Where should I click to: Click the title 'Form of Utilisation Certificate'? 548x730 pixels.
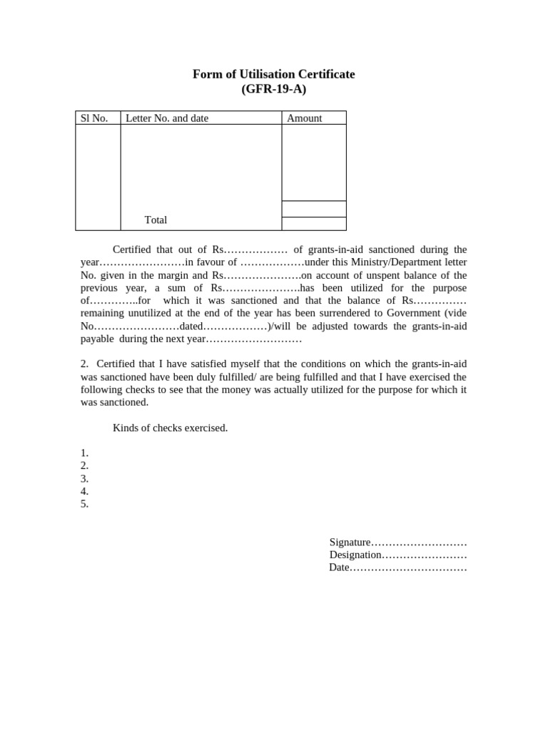point(273,74)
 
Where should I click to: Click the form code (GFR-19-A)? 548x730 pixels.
point(273,89)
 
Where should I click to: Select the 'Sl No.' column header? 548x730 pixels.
point(94,118)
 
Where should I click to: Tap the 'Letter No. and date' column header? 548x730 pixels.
point(167,118)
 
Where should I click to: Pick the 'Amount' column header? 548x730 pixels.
point(304,118)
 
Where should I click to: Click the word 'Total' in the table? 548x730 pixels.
point(156,220)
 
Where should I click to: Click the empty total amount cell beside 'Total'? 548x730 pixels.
point(314,224)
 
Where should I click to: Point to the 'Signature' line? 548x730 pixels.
point(397,543)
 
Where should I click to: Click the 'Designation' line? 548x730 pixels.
point(397,555)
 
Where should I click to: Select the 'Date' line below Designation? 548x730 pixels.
point(397,568)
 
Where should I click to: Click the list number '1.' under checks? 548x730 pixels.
point(84,453)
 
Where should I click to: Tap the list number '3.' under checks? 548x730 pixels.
point(84,478)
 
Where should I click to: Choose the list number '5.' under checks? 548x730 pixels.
point(84,504)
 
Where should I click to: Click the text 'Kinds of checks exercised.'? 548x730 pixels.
point(170,428)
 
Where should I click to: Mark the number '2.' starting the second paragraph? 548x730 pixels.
point(85,364)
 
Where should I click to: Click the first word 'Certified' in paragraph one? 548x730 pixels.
point(133,250)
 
